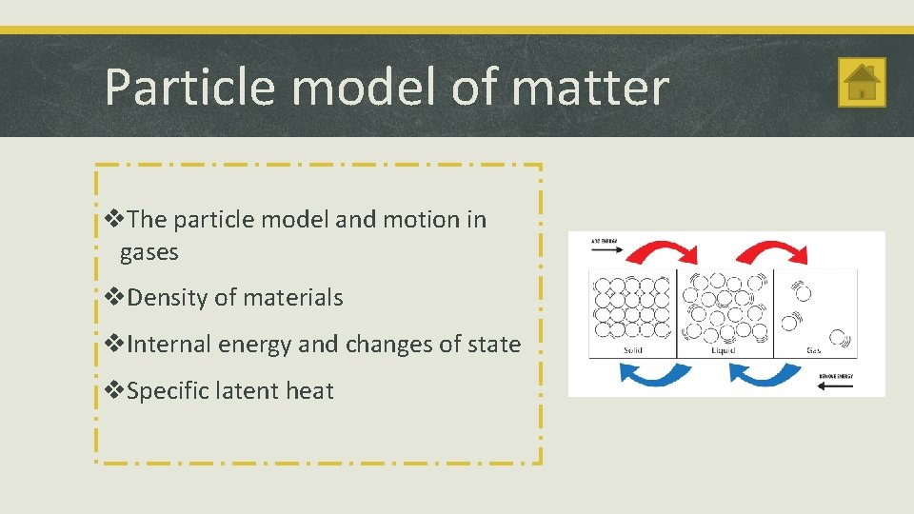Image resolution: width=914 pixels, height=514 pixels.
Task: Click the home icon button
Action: (x=862, y=82)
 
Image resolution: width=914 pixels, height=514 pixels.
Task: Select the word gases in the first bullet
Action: (x=149, y=252)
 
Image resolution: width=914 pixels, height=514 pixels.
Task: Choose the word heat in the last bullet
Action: (x=308, y=390)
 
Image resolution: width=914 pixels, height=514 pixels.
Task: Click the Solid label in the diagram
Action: (x=632, y=350)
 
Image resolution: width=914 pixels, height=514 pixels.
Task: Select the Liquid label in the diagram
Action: (x=724, y=350)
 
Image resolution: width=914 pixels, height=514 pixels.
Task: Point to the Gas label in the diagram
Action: (x=814, y=350)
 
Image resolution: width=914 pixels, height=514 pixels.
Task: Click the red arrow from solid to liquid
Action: (x=666, y=252)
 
